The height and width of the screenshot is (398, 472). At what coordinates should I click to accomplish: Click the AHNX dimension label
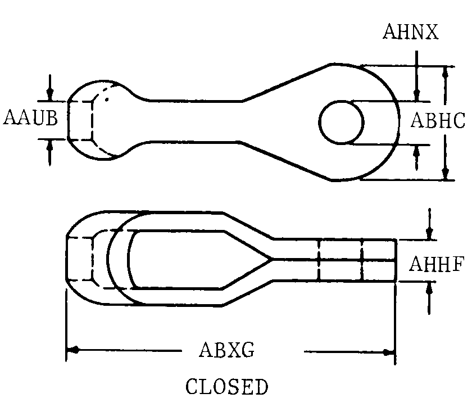coord(411,31)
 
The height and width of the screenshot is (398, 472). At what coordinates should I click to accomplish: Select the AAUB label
coord(31,117)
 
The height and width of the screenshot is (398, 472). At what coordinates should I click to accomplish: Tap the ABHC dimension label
coord(438,120)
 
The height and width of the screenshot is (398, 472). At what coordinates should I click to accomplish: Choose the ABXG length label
coord(226,350)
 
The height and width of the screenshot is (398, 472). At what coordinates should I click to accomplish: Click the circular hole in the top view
coord(342,122)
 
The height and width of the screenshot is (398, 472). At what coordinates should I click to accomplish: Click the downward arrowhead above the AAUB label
coord(50,94)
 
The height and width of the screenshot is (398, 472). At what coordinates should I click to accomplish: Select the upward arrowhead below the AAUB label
coord(50,146)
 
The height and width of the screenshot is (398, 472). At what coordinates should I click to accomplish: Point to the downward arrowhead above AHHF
coord(429,233)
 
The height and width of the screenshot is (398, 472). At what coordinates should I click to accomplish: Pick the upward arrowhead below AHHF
coord(429,288)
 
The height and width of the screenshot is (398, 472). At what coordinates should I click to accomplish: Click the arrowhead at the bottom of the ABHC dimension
coord(446,173)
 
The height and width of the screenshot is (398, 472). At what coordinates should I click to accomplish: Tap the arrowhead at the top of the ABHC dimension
coord(446,73)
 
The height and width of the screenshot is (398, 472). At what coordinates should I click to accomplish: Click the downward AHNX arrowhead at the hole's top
coord(416,95)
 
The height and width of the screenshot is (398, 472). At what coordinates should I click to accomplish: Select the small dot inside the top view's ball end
coord(107,99)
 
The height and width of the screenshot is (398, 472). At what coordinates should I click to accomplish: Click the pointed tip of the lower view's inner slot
coord(271,258)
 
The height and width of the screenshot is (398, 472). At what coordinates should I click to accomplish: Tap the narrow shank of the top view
coord(193,121)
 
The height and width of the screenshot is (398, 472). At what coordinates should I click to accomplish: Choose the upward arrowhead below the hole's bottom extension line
coord(416,152)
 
